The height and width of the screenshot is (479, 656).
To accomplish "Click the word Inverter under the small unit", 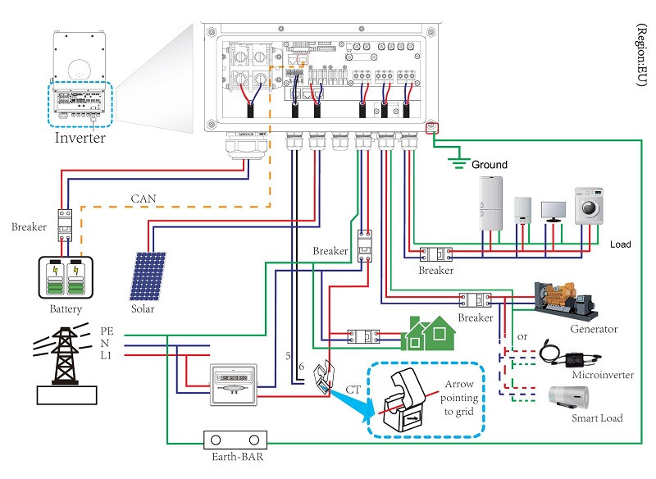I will pos(80,138).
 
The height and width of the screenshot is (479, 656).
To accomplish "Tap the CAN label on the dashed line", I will pos(144,198).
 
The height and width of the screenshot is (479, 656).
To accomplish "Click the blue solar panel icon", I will pos(148,276).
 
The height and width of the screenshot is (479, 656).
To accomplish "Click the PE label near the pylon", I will pos(107,331).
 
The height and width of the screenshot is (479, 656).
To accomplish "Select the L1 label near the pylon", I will pos(107,355).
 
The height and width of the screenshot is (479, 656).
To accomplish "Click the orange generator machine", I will pos(566,299).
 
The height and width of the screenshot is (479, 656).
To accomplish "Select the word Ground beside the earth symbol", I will pos(490,165).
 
